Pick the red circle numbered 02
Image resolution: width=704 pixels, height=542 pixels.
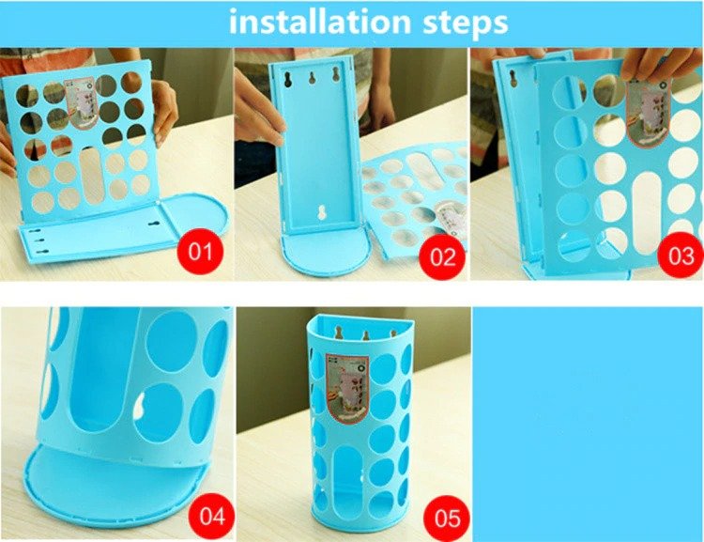click(x=439, y=256)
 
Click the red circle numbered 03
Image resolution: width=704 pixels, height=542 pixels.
click(x=678, y=256)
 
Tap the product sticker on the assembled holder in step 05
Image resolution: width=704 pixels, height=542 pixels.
click(x=345, y=386)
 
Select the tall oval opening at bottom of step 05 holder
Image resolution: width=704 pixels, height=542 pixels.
click(x=349, y=488)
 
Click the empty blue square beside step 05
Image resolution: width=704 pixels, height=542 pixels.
click(x=587, y=423)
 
